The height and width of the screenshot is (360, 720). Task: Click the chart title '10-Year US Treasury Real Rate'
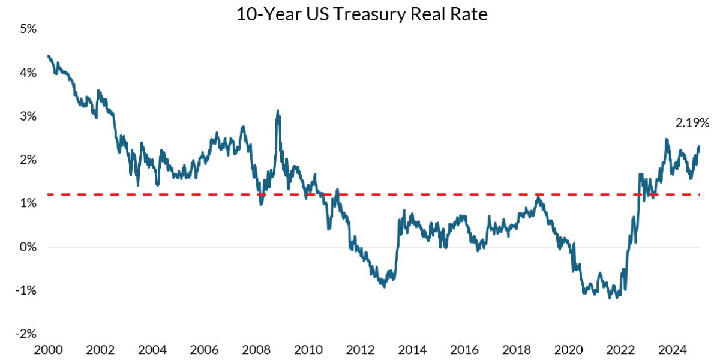point(361,14)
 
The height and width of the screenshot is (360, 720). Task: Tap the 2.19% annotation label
point(692,123)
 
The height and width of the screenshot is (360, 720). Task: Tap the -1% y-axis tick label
point(25,290)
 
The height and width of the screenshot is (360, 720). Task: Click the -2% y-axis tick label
point(25,334)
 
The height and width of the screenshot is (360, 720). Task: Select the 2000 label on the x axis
point(47,350)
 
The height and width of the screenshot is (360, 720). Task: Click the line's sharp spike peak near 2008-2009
point(277,111)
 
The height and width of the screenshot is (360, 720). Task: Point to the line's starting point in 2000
point(48,56)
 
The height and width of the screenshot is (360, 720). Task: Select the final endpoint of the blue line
point(699,150)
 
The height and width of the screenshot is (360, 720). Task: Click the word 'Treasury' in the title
point(368,14)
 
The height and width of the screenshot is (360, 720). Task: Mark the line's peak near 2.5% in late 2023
point(667,139)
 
